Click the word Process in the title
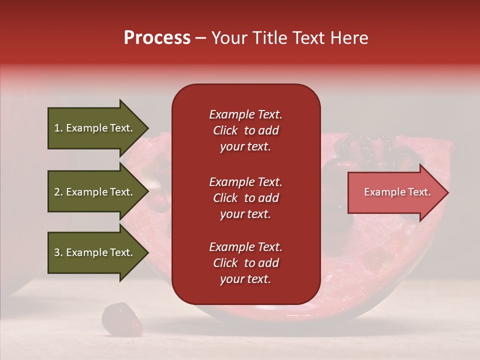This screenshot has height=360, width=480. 157,38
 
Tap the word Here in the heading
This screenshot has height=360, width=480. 348,38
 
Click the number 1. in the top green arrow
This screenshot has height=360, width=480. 58,128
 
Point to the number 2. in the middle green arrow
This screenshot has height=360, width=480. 58,192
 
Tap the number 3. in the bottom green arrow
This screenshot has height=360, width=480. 58,252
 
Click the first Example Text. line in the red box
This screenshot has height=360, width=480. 245,114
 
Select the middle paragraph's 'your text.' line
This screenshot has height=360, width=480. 245,214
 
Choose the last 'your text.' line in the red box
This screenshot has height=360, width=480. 245,279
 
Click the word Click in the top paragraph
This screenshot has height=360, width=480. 225,130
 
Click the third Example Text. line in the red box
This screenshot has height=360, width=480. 245,247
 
